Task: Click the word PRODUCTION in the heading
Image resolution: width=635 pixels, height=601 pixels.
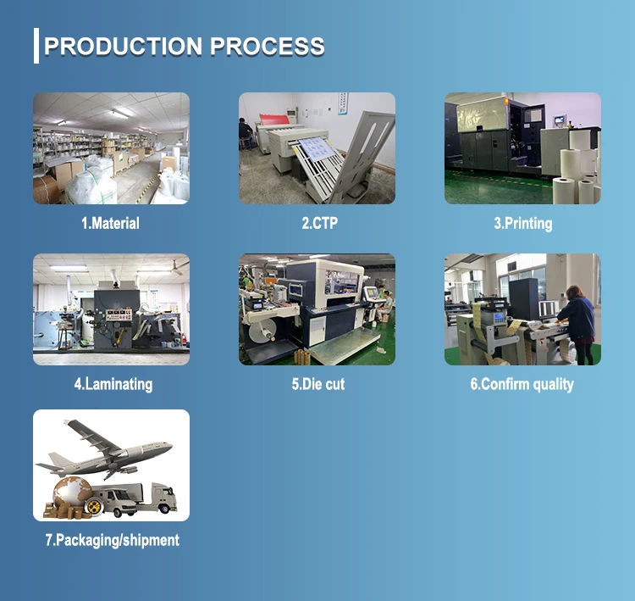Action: (123, 46)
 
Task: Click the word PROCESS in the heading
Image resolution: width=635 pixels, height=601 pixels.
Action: (268, 46)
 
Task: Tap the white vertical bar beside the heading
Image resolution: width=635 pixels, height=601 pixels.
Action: (36, 46)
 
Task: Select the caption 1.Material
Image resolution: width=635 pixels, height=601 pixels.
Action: (110, 223)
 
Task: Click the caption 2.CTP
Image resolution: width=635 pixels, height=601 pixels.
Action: (319, 223)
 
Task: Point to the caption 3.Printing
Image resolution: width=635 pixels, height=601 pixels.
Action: (523, 224)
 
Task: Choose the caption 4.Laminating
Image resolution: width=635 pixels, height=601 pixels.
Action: (113, 385)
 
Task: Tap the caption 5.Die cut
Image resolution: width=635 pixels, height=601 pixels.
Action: (318, 384)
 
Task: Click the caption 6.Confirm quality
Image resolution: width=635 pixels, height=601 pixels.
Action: (522, 385)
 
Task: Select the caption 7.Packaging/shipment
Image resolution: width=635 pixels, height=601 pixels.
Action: (112, 540)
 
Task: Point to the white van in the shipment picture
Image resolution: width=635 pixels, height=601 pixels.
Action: (114, 502)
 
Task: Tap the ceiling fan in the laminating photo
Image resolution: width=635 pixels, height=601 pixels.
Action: (177, 267)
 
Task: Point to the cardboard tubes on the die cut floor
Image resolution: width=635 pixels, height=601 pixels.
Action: (302, 357)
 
